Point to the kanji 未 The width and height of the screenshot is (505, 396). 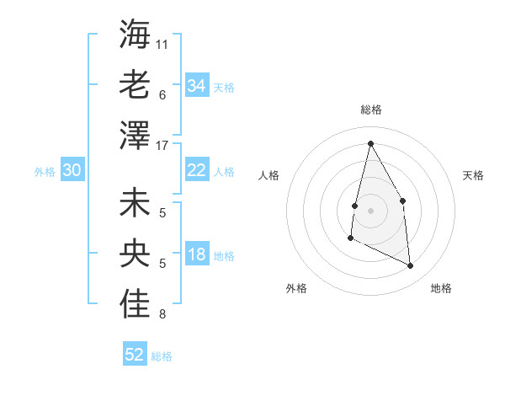tap(135, 204)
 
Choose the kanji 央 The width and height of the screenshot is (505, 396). tap(135, 254)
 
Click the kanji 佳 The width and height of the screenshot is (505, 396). tap(135, 305)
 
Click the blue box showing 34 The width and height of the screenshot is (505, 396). tap(196, 86)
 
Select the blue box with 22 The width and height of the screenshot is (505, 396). tap(196, 171)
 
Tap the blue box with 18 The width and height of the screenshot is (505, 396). tap(196, 255)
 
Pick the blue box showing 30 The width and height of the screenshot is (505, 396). tap(72, 171)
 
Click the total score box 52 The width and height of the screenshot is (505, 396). tap(135, 355)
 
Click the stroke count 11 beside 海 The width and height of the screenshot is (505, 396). tap(162, 44)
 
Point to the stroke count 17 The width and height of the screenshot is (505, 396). tap(162, 145)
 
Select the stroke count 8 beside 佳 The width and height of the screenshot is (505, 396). tap(162, 314)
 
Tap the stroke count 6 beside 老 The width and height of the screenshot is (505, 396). tap(162, 94)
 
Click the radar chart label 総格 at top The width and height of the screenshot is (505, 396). tap(370, 110)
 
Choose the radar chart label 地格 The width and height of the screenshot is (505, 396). tap(441, 288)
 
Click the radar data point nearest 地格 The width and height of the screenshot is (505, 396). tap(411, 266)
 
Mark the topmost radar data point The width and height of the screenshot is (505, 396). tap(370, 143)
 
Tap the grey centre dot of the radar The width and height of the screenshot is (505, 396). tap(370, 210)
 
